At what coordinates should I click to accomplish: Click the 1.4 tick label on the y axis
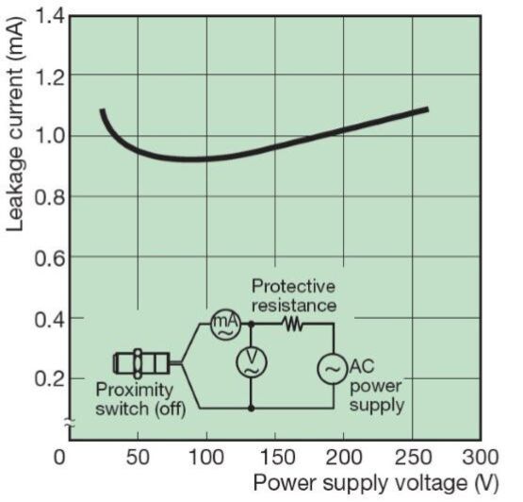point(50,16)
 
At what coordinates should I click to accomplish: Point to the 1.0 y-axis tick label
point(50,136)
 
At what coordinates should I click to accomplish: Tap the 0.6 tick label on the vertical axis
point(50,258)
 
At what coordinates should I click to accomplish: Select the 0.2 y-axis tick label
point(50,378)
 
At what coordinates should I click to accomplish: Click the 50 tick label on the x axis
point(138,457)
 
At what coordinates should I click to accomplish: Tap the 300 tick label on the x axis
point(481,457)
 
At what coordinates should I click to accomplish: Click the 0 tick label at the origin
point(59,457)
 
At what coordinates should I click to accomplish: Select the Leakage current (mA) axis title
point(15,124)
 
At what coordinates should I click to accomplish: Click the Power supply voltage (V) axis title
point(376,483)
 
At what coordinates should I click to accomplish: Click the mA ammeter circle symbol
point(226,325)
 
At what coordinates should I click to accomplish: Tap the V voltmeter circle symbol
point(252,362)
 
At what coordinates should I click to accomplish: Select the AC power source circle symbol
point(333,368)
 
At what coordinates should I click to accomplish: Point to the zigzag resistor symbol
point(292,324)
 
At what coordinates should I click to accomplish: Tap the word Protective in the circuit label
point(293,286)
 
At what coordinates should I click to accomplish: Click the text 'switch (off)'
point(140,409)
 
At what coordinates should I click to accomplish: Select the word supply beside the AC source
point(377,406)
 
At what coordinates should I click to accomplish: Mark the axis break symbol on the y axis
point(70,424)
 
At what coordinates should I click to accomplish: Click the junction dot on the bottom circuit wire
point(252,409)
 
